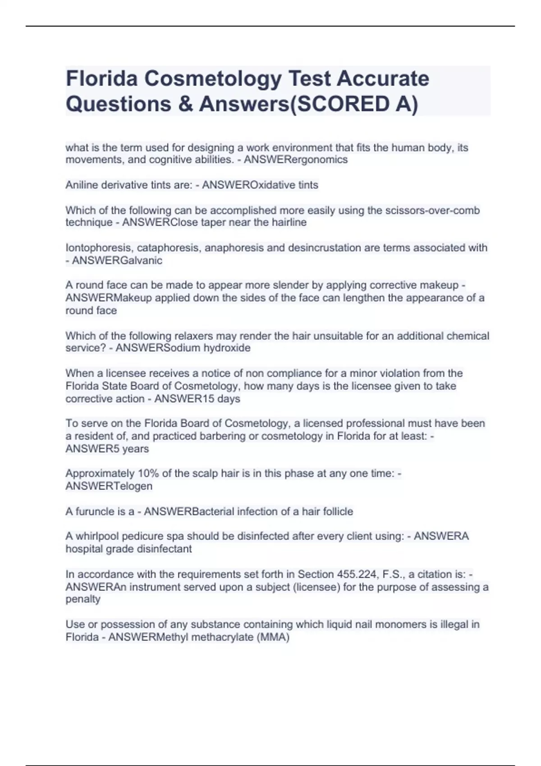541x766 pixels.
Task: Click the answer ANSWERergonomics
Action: (296, 160)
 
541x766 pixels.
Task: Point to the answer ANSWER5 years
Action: (107, 449)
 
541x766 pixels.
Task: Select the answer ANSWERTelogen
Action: (109, 486)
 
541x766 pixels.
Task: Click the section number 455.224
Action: (355, 574)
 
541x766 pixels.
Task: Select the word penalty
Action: (83, 599)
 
